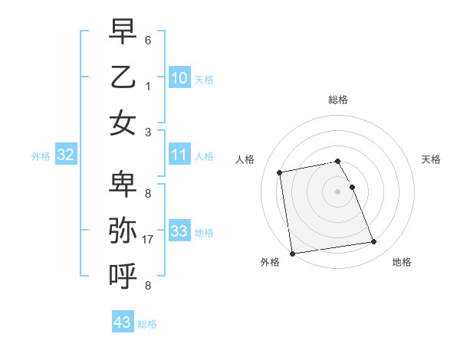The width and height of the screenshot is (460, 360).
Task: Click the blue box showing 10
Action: tap(179, 78)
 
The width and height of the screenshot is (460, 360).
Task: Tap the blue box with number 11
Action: tap(179, 155)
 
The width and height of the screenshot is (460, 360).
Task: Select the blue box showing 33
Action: tap(179, 231)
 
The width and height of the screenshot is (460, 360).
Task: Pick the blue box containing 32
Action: tap(65, 155)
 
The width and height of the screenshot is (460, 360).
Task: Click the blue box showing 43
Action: tap(122, 322)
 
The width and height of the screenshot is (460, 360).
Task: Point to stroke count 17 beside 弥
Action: tap(149, 239)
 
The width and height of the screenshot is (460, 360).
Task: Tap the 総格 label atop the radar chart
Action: tap(338, 100)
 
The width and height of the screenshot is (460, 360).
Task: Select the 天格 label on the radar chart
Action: tap(432, 159)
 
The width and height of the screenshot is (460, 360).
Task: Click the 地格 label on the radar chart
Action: tap(402, 262)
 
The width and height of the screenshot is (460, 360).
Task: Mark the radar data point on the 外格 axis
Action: tap(292, 253)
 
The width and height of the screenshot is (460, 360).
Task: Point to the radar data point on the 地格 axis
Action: tap(373, 242)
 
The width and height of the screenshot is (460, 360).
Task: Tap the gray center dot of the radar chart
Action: tap(338, 191)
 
